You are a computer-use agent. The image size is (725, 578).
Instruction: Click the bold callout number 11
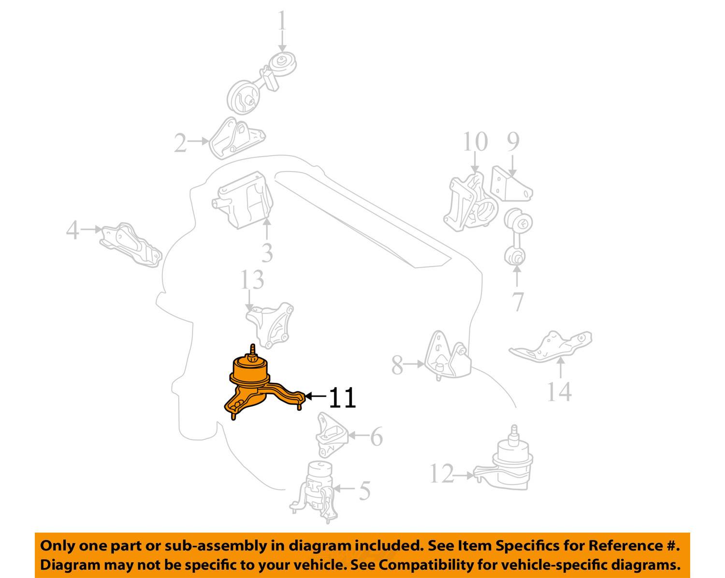[342, 398]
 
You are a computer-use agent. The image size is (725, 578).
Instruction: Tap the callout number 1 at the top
[282, 21]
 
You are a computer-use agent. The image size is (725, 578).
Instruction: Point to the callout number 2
[181, 143]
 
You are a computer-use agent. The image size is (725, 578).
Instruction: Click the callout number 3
[267, 253]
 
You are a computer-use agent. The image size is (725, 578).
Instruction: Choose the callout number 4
[73, 230]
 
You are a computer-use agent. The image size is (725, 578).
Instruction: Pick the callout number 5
[365, 490]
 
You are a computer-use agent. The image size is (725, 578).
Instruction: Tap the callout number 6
[377, 436]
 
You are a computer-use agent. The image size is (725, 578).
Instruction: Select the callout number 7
[518, 301]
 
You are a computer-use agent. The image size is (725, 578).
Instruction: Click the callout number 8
[397, 365]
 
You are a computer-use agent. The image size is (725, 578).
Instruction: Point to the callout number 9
[513, 142]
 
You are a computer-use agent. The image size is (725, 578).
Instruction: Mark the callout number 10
[475, 142]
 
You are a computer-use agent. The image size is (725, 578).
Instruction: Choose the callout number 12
[442, 474]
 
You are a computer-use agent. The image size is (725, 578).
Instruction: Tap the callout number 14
[559, 392]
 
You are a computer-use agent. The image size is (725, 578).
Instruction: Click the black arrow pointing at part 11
[316, 396]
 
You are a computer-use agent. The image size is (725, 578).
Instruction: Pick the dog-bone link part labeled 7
[518, 237]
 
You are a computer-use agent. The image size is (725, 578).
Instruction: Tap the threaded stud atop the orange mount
[253, 351]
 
